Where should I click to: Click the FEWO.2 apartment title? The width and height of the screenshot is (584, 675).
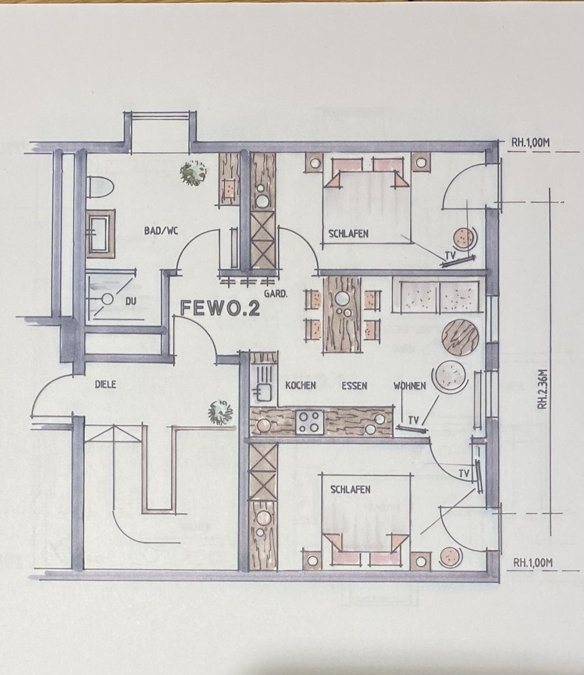[220, 308]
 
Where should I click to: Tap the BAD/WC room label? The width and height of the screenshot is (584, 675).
[161, 230]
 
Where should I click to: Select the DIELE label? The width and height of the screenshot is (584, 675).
[106, 385]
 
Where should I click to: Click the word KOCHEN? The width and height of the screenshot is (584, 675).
[300, 385]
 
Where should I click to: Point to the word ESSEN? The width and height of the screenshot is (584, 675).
[355, 386]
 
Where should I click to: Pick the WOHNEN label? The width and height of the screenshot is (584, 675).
[410, 386]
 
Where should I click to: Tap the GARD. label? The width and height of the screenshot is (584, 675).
[276, 294]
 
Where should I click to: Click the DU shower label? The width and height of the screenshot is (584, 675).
[131, 301]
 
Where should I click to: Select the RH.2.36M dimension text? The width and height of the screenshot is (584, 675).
[542, 388]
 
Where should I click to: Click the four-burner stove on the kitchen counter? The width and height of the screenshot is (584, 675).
[310, 422]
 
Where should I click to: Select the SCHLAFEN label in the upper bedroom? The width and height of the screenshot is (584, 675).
[349, 234]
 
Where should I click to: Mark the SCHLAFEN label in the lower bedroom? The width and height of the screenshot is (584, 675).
[350, 489]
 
